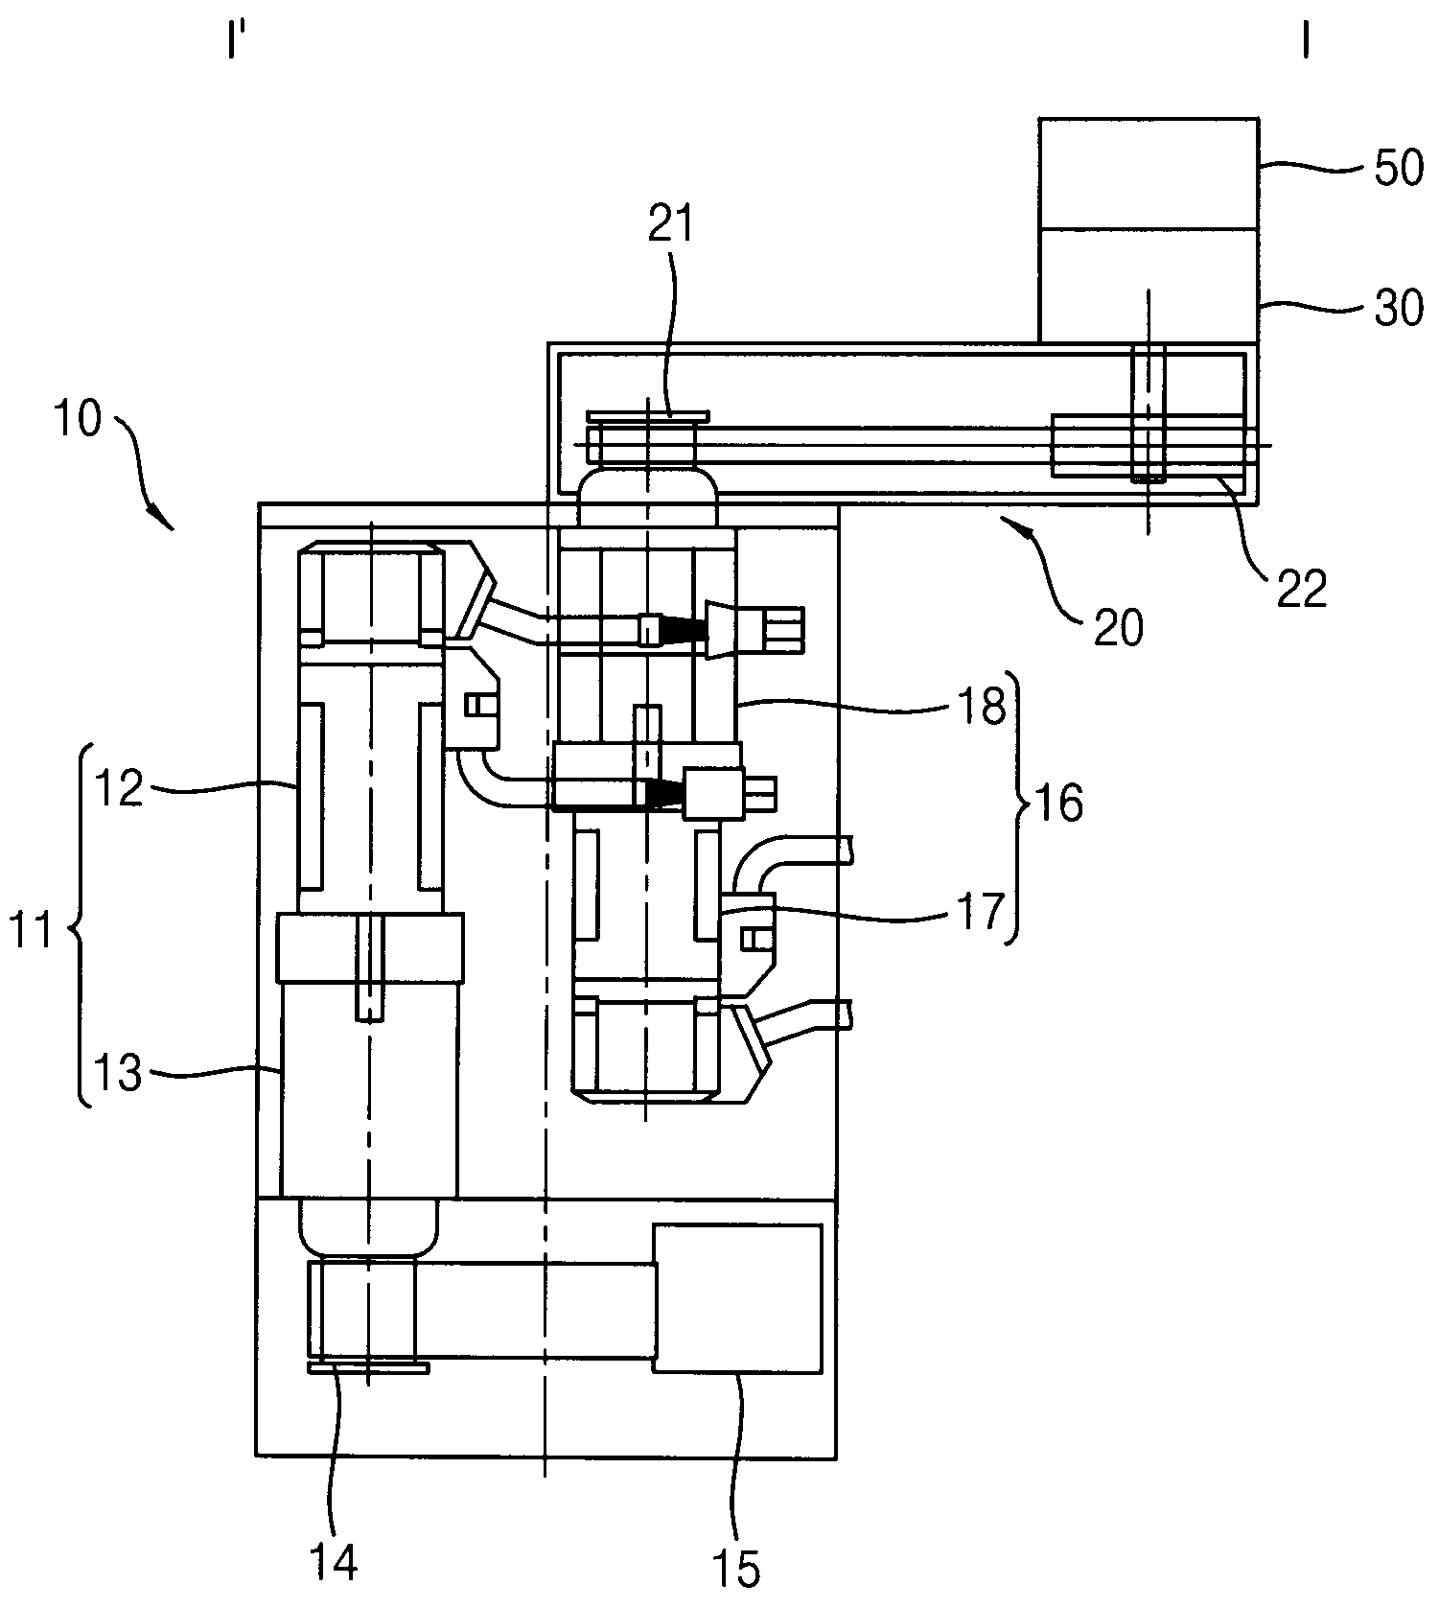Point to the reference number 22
pos(1302,588)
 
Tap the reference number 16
pos(1059,802)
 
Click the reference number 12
pos(118,789)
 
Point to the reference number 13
pos(118,1073)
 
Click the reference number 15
pos(736,1570)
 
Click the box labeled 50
pos(1149,174)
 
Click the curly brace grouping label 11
pos(84,925)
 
